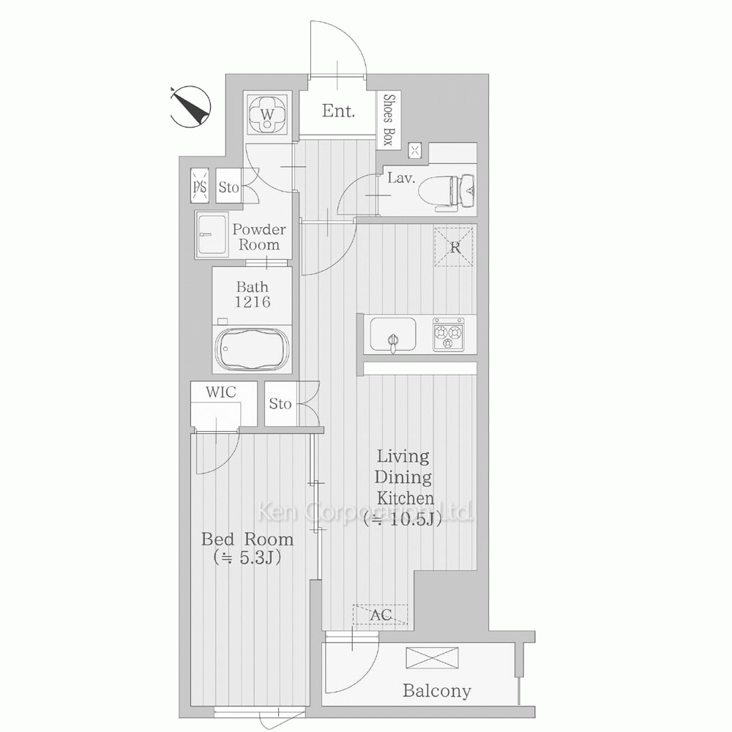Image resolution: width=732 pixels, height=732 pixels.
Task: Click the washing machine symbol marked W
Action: coord(266,113)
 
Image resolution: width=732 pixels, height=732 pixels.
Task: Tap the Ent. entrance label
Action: coord(338,111)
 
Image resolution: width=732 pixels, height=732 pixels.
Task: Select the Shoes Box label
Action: coord(389,119)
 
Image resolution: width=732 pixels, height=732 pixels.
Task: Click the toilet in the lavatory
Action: coord(447,191)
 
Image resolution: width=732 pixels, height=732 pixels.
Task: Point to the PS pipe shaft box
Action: coord(200,186)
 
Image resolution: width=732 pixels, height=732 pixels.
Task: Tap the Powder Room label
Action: coord(258,236)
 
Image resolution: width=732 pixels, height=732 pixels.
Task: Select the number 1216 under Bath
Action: coord(253,302)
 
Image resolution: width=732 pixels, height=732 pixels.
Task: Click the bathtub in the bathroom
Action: coord(253,348)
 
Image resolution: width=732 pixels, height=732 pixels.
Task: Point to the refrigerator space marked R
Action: coord(453,247)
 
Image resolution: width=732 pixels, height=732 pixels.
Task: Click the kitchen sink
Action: coord(392,335)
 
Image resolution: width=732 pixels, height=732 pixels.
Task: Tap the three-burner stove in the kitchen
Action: coord(448,335)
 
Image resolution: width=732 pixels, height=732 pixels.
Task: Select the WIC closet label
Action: coord(221,392)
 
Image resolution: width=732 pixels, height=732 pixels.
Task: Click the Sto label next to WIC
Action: coord(280,403)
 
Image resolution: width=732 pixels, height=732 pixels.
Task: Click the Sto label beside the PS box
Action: coord(228,187)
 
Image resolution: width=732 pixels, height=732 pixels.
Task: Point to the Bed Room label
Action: coord(247,539)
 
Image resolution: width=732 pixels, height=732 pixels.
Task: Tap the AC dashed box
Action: coord(380,614)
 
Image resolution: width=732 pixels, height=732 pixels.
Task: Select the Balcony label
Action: coord(437,690)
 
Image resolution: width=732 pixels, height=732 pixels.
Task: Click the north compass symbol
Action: coord(190,107)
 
